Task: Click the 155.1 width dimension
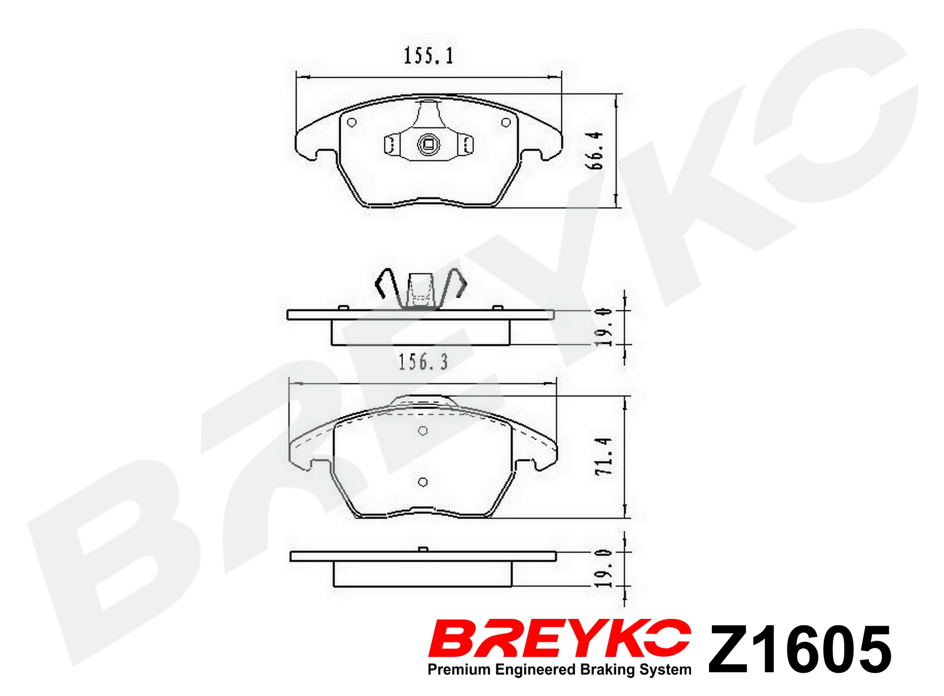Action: click(x=429, y=56)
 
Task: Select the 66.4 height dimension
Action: click(x=596, y=150)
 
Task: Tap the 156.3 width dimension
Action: click(x=423, y=362)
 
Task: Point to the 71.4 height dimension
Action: click(x=604, y=456)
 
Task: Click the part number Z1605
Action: click(x=800, y=649)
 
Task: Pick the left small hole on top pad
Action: click(x=352, y=122)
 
